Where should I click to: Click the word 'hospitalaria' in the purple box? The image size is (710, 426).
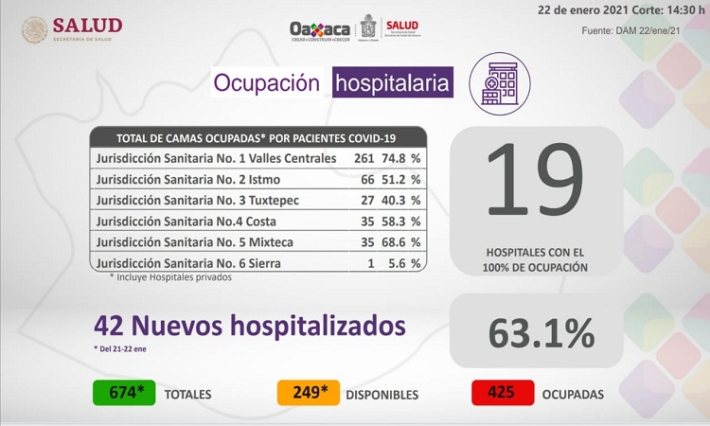[x=392, y=83]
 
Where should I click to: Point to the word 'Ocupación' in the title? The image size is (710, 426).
[x=266, y=83]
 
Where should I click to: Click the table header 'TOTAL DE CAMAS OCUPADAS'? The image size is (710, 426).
[x=256, y=138]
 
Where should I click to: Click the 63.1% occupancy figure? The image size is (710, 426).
[x=541, y=332]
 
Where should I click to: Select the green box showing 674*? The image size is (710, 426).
[x=124, y=393]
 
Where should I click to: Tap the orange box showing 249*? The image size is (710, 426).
[x=308, y=393]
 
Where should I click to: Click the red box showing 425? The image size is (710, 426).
[x=502, y=393]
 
